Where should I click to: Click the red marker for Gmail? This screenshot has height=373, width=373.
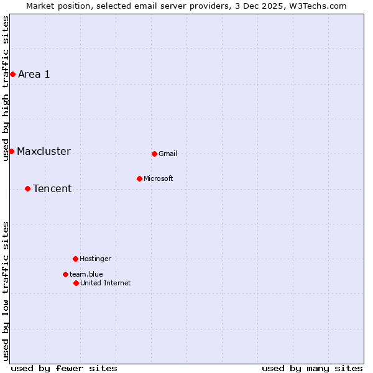coord(154,154)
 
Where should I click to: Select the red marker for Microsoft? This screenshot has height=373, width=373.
coord(139,178)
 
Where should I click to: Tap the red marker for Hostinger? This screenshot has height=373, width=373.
coord(75,259)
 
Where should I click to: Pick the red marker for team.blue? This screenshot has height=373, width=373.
coord(65,274)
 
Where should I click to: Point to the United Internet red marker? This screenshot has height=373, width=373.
coord(76,283)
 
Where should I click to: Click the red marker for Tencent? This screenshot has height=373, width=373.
coord(27,188)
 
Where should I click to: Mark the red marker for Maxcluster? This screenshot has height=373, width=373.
coord(11,151)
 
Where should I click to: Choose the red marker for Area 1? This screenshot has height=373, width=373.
coord(12,74)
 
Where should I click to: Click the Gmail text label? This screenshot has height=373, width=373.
coord(168,154)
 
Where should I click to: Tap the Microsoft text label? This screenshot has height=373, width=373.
coord(159,178)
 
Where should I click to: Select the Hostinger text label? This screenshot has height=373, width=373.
coord(95,259)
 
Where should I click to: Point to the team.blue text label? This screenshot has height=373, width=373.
coord(86,274)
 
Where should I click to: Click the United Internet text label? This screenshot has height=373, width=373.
coord(106,283)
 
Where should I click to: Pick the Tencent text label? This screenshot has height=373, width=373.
coord(52,188)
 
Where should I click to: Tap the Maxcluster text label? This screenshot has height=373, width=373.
coord(44,151)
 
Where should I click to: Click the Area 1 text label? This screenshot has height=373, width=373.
coord(34,74)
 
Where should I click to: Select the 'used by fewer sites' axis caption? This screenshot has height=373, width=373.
coord(64,368)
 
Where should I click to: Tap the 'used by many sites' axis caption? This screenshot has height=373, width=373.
coord(312,368)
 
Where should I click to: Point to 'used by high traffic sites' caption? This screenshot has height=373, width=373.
coord(6,88)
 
